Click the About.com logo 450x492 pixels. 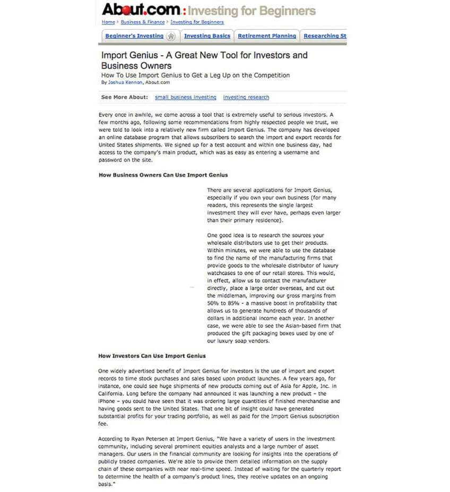pyautogui.click(x=141, y=10)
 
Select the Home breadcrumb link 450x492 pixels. pyautogui.click(x=108, y=22)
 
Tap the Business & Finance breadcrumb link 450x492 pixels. pyautogui.click(x=143, y=22)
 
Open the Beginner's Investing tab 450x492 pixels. pyautogui.click(x=134, y=36)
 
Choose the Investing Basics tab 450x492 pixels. pyautogui.click(x=207, y=36)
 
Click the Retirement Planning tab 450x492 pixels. pyautogui.click(x=267, y=36)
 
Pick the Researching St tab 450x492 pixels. pyautogui.click(x=325, y=36)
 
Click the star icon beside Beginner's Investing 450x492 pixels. pyautogui.click(x=171, y=37)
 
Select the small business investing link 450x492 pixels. pyautogui.click(x=186, y=98)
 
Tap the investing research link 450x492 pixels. pyautogui.click(x=246, y=98)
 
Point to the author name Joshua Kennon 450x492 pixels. pyautogui.click(x=125, y=83)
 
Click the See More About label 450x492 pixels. pyautogui.click(x=125, y=98)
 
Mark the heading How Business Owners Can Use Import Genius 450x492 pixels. pyautogui.click(x=163, y=175)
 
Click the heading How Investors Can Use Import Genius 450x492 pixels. pyautogui.click(x=152, y=356)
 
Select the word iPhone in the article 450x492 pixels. pyautogui.click(x=107, y=402)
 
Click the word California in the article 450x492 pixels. pyautogui.click(x=111, y=394)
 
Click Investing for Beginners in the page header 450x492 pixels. pyautogui.click(x=252, y=11)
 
